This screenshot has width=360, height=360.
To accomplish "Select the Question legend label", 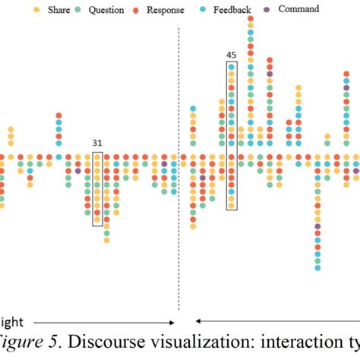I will pyautogui.click(x=106, y=10).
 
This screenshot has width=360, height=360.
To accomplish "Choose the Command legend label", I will pyautogui.click(x=298, y=9).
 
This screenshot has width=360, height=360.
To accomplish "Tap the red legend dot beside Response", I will pyautogui.click(x=135, y=10).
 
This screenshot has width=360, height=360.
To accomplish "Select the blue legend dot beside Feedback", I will pyautogui.click(x=197, y=10).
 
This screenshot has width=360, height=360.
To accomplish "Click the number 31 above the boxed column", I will pyautogui.click(x=97, y=142).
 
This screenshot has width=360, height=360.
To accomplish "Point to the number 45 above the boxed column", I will pyautogui.click(x=231, y=54).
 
